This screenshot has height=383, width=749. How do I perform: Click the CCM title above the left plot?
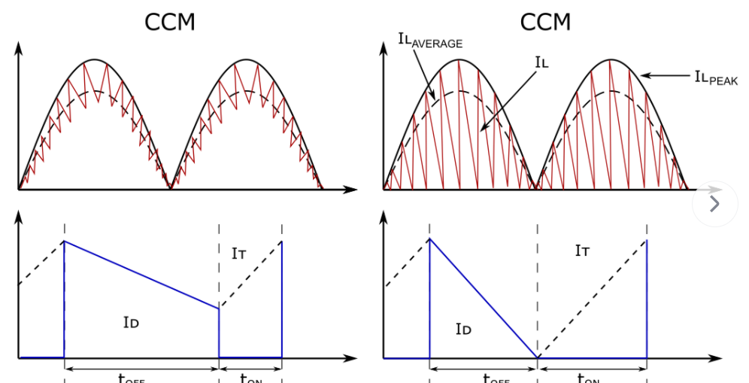169,22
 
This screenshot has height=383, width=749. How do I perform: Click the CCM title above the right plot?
546,22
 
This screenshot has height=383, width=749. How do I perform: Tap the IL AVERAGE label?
429,40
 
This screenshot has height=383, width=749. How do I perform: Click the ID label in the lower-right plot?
463,328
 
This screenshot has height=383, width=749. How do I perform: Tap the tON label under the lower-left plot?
250,378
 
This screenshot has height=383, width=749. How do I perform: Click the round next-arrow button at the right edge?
715,203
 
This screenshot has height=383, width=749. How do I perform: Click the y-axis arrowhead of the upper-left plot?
19,44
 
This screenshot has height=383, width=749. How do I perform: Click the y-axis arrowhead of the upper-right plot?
384,44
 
